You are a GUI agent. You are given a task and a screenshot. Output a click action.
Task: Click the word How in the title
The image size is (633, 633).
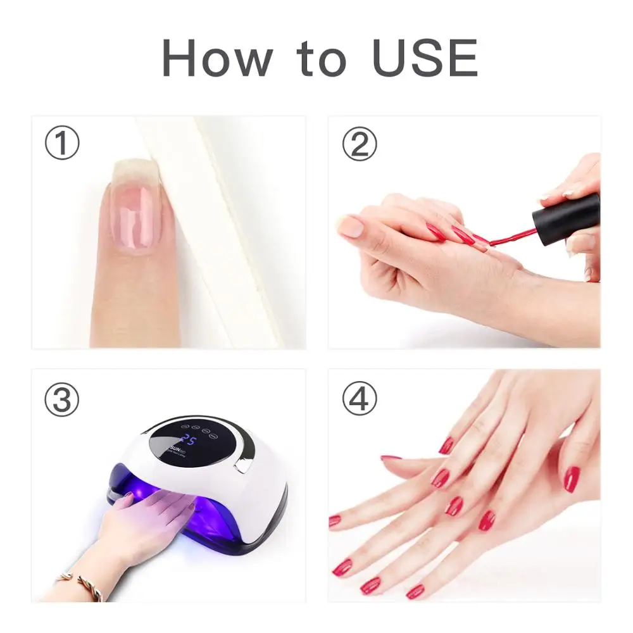point(217,58)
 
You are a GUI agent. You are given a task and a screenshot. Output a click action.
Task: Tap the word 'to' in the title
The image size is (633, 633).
point(322,59)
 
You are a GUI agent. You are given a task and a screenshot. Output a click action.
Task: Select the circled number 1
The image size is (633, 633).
point(62,143)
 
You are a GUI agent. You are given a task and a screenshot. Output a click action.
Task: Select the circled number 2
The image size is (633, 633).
point(359,143)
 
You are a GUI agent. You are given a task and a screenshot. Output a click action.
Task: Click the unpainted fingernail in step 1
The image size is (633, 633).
point(134,212)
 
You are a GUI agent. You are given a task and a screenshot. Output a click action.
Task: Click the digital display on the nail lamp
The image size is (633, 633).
point(189,441)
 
